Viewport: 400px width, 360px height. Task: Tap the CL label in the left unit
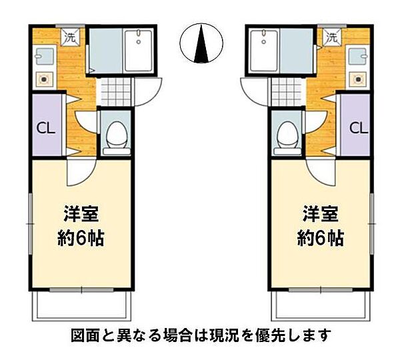click(x=46, y=127)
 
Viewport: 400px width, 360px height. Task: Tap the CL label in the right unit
click(x=357, y=127)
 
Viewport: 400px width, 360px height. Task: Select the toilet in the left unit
click(x=117, y=135)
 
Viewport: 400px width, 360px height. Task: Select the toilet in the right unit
click(x=287, y=135)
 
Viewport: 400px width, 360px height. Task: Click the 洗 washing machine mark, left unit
click(x=69, y=37)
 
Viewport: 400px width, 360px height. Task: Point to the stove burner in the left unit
click(x=45, y=79)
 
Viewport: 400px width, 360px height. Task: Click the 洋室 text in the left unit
click(x=81, y=215)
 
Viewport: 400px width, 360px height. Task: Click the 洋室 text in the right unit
click(x=320, y=215)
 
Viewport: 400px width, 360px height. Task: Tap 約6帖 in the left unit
click(x=81, y=237)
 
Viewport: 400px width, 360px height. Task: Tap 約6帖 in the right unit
click(x=320, y=237)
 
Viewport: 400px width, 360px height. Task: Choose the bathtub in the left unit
click(x=141, y=51)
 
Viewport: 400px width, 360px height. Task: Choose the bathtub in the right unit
click(x=263, y=51)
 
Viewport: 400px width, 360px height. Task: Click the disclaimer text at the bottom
click(x=200, y=335)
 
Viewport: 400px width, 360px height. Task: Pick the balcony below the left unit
click(x=81, y=307)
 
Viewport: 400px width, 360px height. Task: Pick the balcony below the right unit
click(x=320, y=307)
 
